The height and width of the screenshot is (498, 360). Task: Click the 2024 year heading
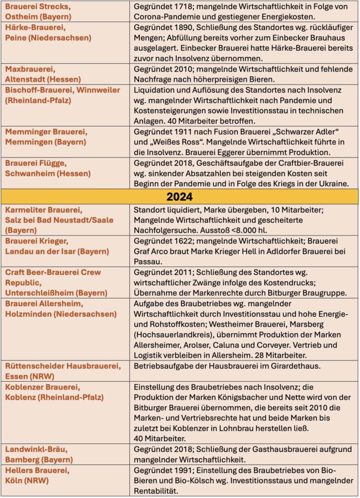[180, 196]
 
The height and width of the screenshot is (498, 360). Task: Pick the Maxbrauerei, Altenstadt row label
[43, 73]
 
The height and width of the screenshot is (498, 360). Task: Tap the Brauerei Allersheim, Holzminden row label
[61, 309]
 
